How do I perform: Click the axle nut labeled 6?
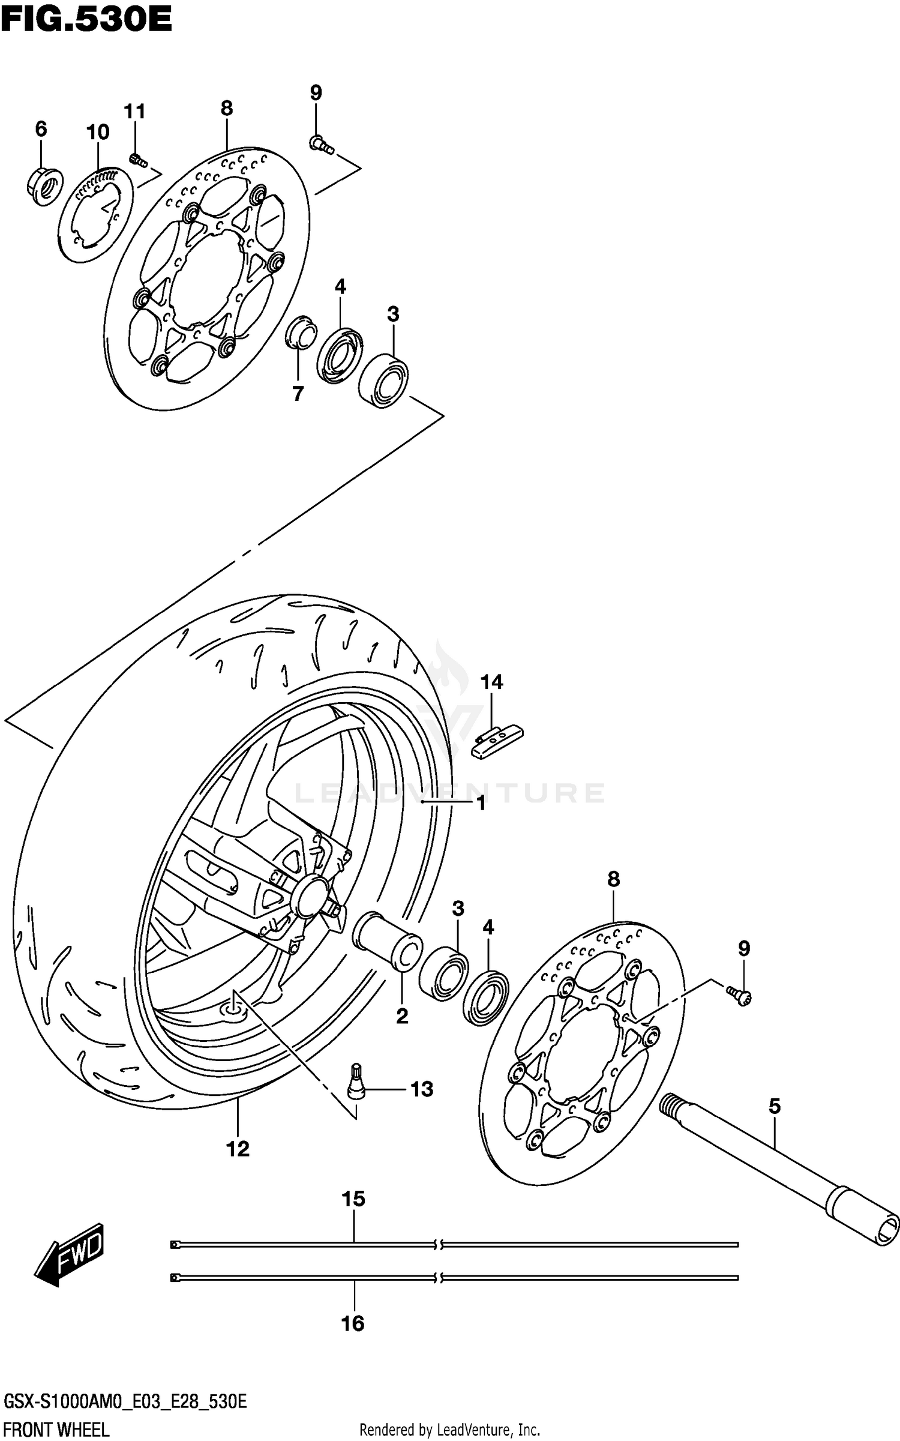pyautogui.click(x=46, y=185)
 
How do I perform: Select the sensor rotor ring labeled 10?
pyautogui.click(x=97, y=214)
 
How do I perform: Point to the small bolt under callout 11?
pyautogui.click(x=138, y=160)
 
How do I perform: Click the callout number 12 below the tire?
pyautogui.click(x=238, y=1149)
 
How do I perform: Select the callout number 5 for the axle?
pyautogui.click(x=775, y=1106)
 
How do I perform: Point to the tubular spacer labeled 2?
pyautogui.click(x=387, y=940)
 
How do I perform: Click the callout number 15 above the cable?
pyautogui.click(x=353, y=1199)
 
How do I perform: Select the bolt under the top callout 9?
pyautogui.click(x=321, y=144)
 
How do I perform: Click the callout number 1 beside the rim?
pyautogui.click(x=481, y=803)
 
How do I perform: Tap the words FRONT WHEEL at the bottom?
pyautogui.click(x=55, y=1430)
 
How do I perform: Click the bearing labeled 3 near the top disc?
pyautogui.click(x=384, y=381)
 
